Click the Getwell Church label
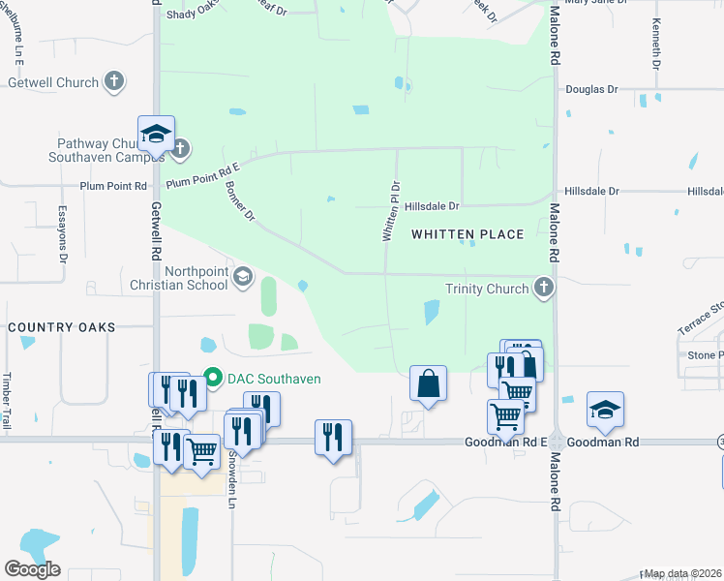[x=53, y=82]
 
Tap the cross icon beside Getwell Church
[x=115, y=81]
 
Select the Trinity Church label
[x=487, y=288]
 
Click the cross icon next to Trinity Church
[x=544, y=287]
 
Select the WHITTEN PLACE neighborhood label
[x=468, y=234]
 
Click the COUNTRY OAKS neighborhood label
[x=61, y=328]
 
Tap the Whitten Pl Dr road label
[x=389, y=211]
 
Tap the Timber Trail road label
[x=6, y=401]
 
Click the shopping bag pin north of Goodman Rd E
[x=428, y=384]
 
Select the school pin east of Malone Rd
[x=605, y=411]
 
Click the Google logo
[x=32, y=569]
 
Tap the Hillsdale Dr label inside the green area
[x=432, y=206]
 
